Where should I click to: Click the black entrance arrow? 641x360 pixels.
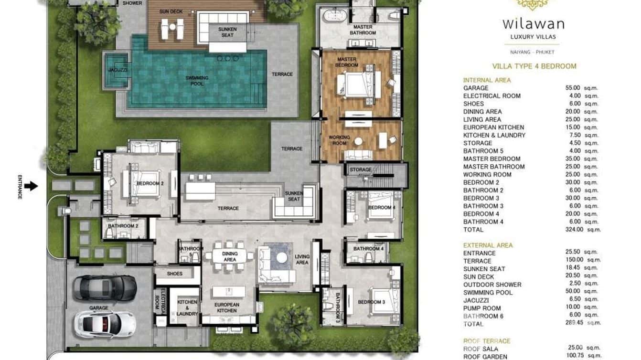pyautogui.click(x=31, y=186)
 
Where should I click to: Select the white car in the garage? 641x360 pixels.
pyautogui.click(x=106, y=323)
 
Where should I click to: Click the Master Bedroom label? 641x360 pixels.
pyautogui.click(x=347, y=62)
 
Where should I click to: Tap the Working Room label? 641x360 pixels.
pyautogui.click(x=339, y=140)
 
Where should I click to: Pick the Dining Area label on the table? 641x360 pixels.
pyautogui.click(x=230, y=257)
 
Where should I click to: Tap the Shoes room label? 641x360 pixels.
pyautogui.click(x=175, y=274)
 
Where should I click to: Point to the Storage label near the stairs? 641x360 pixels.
pyautogui.click(x=360, y=169)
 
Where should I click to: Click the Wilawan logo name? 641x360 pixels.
pyautogui.click(x=533, y=23)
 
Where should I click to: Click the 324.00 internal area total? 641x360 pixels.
pyautogui.click(x=574, y=230)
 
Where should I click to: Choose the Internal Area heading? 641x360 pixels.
pyautogui.click(x=487, y=80)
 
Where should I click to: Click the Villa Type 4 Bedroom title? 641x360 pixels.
pyautogui.click(x=534, y=66)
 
